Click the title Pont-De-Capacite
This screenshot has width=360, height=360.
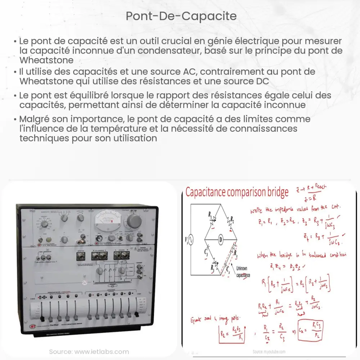point(180,16)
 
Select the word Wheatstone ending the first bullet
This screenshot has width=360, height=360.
point(46,60)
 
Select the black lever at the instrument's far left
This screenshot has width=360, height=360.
point(42,319)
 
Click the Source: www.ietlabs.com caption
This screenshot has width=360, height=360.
point(89,351)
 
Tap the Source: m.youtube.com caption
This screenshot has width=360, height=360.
point(269,351)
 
